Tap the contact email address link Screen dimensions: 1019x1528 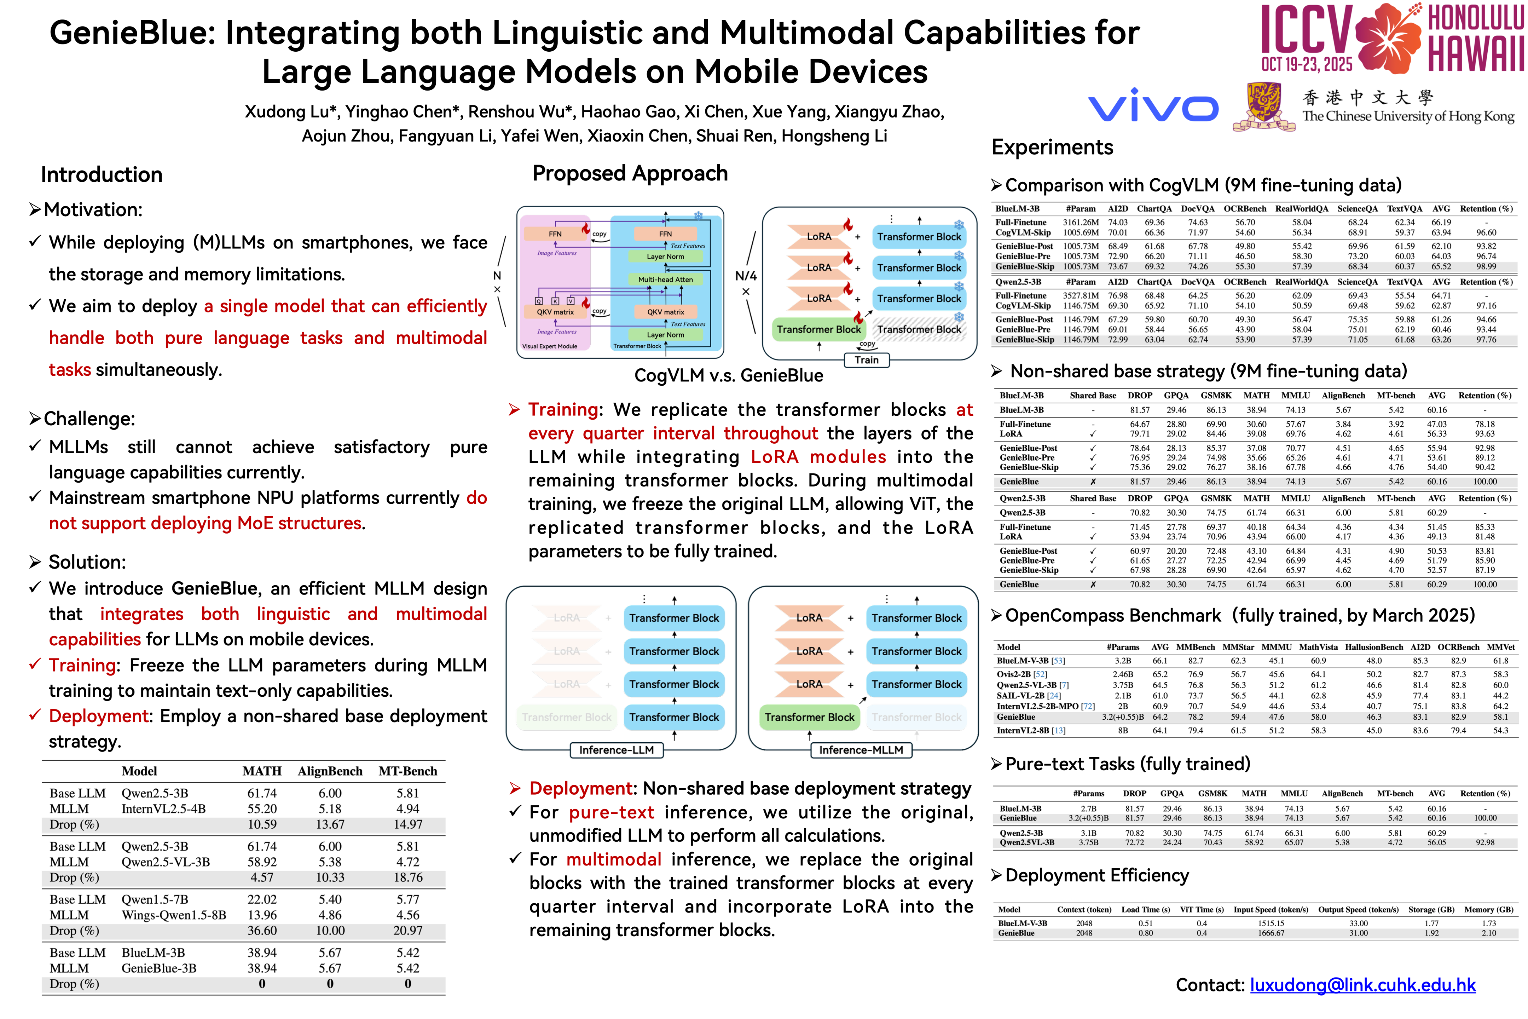pyautogui.click(x=1362, y=985)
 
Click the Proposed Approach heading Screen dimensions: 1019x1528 pyautogui.click(x=630, y=173)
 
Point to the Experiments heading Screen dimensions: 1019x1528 pyautogui.click(x=1052, y=148)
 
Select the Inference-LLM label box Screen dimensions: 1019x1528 pyautogui.click(x=616, y=750)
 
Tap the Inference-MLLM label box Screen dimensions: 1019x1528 pyautogui.click(x=861, y=750)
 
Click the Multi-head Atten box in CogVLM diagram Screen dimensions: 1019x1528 pyautogui.click(x=665, y=280)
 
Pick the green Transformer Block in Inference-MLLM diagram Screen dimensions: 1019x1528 pyautogui.click(x=809, y=717)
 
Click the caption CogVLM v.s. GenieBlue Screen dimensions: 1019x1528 pyautogui.click(x=728, y=376)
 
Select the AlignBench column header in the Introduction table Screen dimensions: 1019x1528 pyautogui.click(x=330, y=771)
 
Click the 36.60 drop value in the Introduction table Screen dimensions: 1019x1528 pyautogui.click(x=262, y=931)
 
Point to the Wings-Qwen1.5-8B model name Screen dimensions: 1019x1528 pyautogui.click(x=173, y=915)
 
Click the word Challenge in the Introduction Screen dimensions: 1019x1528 pyautogui.click(x=86, y=419)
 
